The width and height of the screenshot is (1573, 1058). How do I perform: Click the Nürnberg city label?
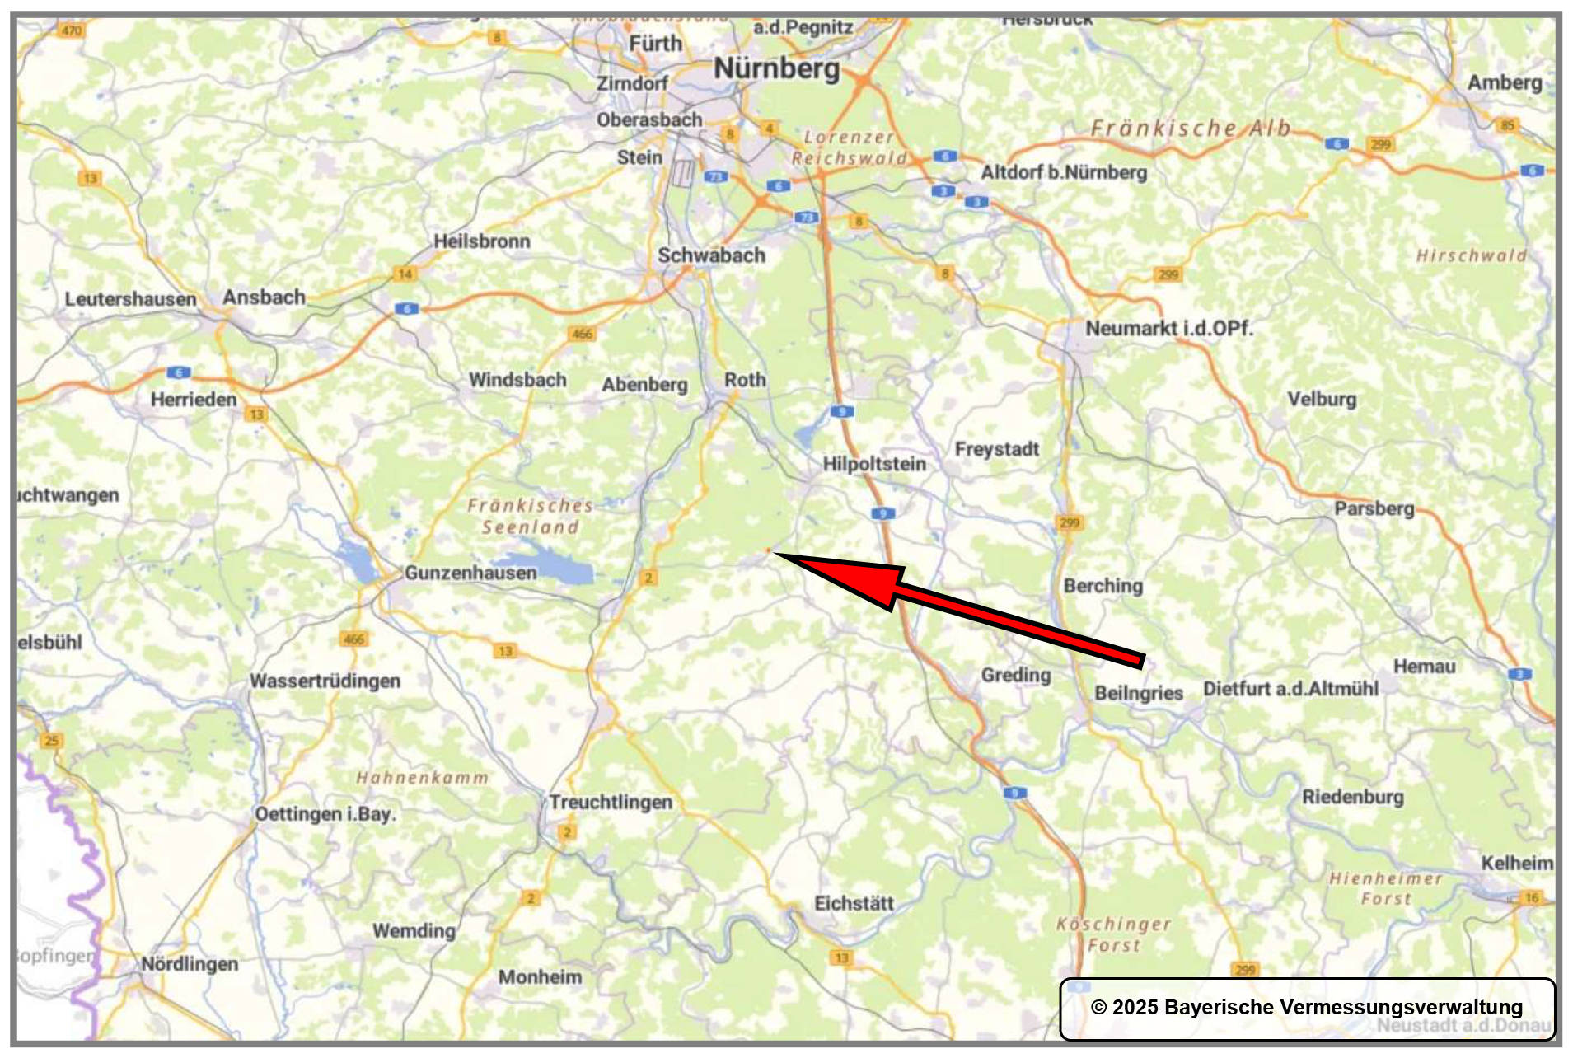[x=776, y=68]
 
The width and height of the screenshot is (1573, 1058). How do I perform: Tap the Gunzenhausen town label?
[x=470, y=573]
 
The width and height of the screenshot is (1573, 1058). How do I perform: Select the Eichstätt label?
[x=854, y=904]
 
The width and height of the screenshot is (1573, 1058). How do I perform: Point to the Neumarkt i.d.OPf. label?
[x=1168, y=329]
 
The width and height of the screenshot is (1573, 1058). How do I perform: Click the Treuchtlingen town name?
[x=611, y=803]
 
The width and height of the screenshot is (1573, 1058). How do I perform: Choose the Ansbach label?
[x=264, y=297]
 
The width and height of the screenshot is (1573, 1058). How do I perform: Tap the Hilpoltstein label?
[x=874, y=464]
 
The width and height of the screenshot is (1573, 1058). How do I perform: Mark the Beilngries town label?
[x=1138, y=693]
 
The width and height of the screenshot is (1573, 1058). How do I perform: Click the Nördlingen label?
[x=190, y=964]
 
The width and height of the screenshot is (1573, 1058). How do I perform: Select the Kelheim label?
[x=1517, y=864]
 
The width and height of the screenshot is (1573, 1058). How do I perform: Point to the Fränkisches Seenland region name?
[x=530, y=517]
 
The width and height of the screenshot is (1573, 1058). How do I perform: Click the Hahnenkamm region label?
[x=422, y=778]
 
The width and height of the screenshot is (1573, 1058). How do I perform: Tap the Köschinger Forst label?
[x=1113, y=935]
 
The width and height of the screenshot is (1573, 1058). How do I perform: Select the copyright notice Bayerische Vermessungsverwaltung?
[x=1306, y=1007]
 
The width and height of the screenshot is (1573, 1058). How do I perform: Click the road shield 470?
[x=72, y=30]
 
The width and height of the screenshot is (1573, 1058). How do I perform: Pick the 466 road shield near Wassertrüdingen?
[x=353, y=639]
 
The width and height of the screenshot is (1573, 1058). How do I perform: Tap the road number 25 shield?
[x=52, y=741]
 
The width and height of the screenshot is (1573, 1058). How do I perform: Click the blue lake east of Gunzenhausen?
[x=565, y=571]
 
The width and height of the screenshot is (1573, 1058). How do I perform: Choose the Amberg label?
[x=1504, y=82]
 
